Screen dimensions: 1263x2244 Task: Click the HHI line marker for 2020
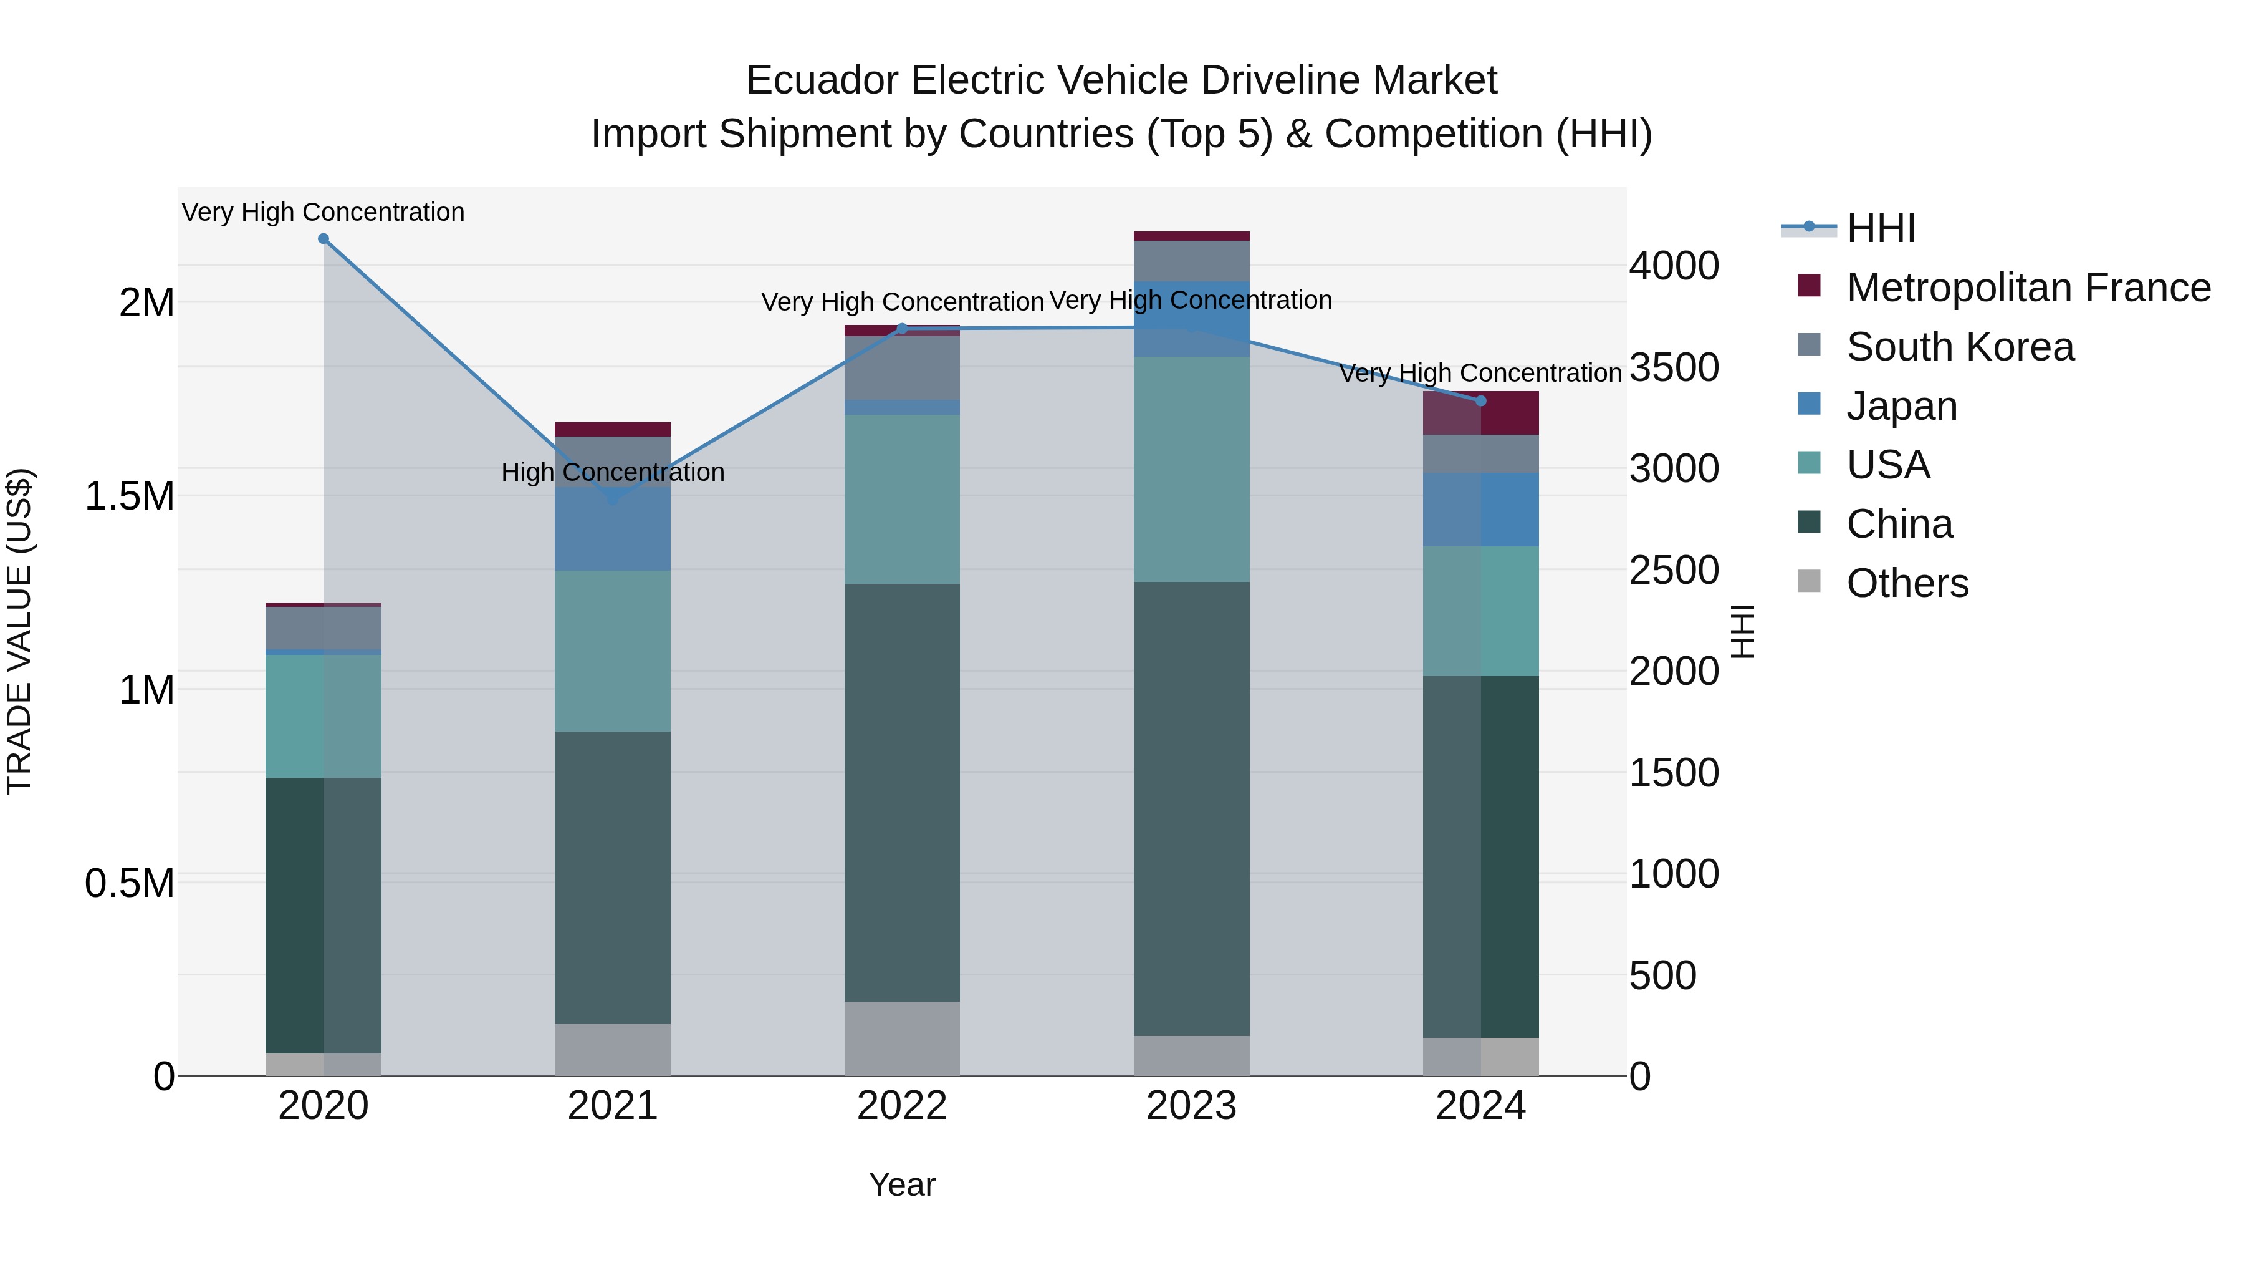click(323, 239)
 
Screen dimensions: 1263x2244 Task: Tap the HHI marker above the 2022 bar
click(901, 329)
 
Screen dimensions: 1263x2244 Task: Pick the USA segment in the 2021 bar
click(612, 651)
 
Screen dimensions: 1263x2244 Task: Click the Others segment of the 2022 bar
click(901, 1037)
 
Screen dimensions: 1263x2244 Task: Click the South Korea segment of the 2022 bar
click(901, 368)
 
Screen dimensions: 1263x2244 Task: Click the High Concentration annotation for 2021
click(612, 472)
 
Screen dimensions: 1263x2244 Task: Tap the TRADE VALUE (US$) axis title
click(19, 631)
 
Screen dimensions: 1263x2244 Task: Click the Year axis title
click(901, 1184)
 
